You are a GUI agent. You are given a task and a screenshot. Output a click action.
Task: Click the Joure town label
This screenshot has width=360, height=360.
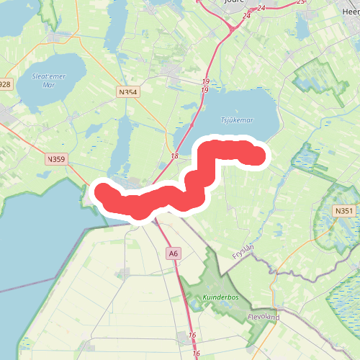pyautogui.click(x=235, y=3)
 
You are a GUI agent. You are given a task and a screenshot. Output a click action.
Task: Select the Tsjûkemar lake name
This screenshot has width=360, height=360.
pyautogui.click(x=237, y=121)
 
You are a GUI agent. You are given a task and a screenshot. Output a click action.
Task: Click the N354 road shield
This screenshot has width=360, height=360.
pyautogui.click(x=127, y=91)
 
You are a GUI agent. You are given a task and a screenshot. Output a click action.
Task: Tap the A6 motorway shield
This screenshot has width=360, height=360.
pyautogui.click(x=173, y=253)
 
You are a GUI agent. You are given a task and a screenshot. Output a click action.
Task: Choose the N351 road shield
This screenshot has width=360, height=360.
pyautogui.click(x=344, y=210)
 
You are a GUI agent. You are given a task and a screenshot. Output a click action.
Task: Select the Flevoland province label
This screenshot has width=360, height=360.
pyautogui.click(x=263, y=317)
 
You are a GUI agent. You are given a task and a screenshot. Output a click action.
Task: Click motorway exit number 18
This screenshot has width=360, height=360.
pyautogui.click(x=175, y=156)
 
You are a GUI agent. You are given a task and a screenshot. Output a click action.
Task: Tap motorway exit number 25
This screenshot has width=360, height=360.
pyautogui.click(x=300, y=2)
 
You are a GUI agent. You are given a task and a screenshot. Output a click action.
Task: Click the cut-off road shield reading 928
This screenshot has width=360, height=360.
pyautogui.click(x=5, y=84)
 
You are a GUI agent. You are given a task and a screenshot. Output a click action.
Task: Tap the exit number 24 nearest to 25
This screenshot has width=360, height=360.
pyautogui.click(x=261, y=8)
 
